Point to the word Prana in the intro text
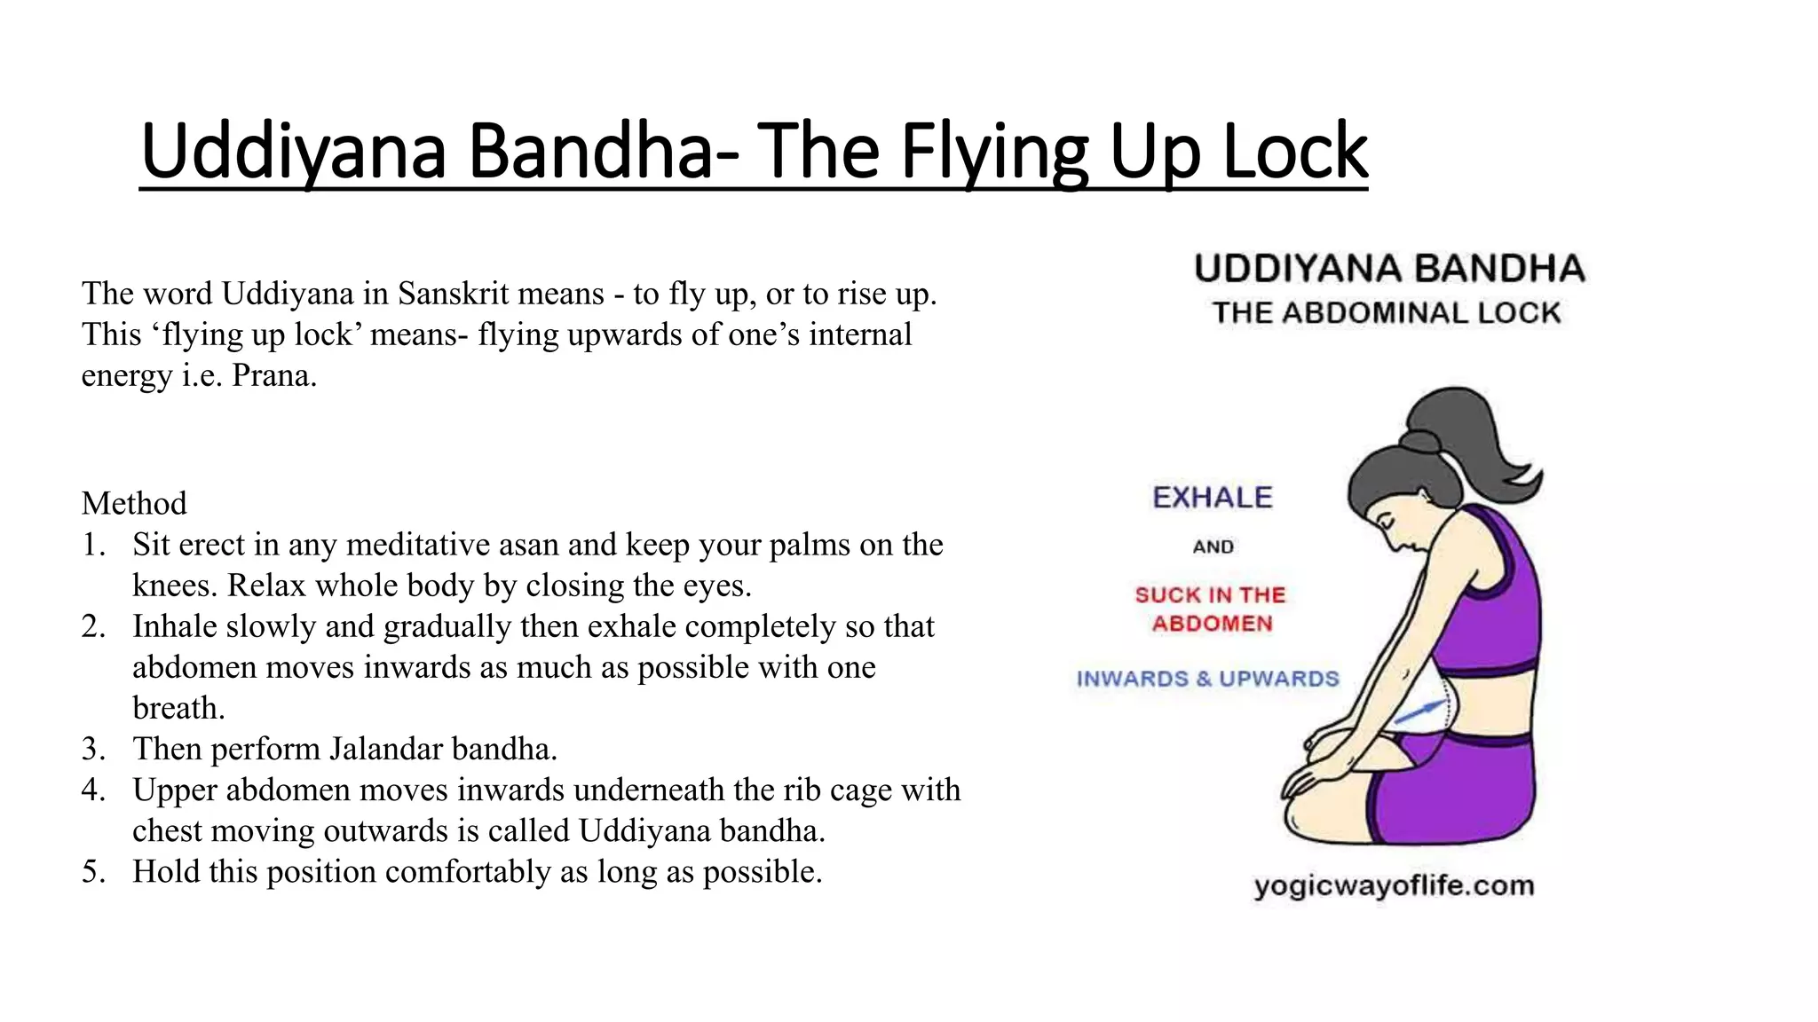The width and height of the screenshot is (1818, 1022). tap(272, 375)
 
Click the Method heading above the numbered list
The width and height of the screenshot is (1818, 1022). tap(134, 504)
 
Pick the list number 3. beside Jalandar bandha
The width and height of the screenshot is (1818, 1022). tap(94, 749)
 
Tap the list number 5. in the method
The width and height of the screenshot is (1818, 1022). tap(94, 871)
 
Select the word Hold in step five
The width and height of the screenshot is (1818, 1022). tap(166, 871)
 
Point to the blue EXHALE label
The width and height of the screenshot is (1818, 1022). tap(1212, 498)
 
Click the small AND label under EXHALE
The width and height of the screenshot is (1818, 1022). tap(1213, 546)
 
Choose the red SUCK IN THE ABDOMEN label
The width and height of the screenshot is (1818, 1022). tap(1211, 609)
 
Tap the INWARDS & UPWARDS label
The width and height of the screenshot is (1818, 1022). tap(1207, 679)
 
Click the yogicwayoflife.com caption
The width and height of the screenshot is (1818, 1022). tap(1394, 885)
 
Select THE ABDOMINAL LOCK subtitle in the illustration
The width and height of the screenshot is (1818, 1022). tap(1387, 313)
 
